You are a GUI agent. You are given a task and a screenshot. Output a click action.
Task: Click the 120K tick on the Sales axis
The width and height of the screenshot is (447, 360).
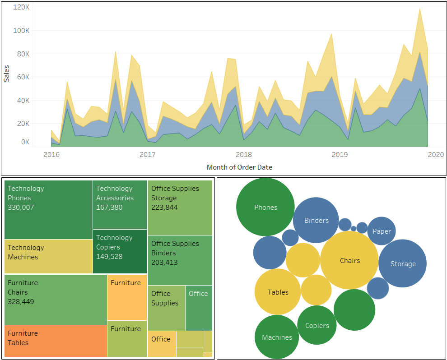click(x=21, y=7)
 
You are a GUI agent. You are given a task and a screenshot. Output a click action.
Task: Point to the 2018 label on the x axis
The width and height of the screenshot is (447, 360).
click(x=244, y=155)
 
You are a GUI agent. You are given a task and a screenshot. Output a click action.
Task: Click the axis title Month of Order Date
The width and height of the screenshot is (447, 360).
click(x=239, y=167)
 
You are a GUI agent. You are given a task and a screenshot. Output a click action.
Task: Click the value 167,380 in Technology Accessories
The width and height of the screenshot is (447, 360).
click(x=109, y=208)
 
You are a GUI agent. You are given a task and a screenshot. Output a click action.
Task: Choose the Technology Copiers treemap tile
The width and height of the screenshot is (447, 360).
click(x=120, y=251)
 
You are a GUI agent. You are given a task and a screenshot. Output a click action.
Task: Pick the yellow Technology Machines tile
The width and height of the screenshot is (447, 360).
click(x=48, y=256)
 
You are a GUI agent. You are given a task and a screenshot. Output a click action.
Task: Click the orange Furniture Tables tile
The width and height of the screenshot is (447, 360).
click(x=56, y=341)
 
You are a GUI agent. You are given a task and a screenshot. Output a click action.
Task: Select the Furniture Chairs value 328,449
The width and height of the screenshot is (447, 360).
click(x=21, y=302)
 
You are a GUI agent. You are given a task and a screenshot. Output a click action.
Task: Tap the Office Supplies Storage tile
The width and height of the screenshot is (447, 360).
click(x=180, y=208)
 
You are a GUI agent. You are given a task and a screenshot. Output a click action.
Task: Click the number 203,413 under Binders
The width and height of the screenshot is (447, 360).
click(x=164, y=263)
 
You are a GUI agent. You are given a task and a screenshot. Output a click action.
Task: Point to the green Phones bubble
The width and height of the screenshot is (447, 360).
click(x=265, y=207)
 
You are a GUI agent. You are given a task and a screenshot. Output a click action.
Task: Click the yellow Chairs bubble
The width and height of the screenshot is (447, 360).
click(x=349, y=260)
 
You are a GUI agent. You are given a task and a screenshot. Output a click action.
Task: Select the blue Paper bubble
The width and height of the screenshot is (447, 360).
click(x=382, y=231)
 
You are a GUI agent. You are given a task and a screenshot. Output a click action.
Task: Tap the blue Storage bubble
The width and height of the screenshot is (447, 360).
click(x=402, y=263)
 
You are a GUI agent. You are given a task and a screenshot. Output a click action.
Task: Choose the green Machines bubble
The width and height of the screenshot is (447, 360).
click(x=277, y=337)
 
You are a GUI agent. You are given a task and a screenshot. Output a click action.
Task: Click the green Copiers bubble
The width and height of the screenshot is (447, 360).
click(x=317, y=325)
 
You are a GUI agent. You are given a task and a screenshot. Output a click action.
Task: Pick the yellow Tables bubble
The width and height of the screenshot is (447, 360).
click(x=278, y=292)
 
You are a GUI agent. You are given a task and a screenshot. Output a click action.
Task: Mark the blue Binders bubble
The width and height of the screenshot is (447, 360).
click(x=316, y=220)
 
